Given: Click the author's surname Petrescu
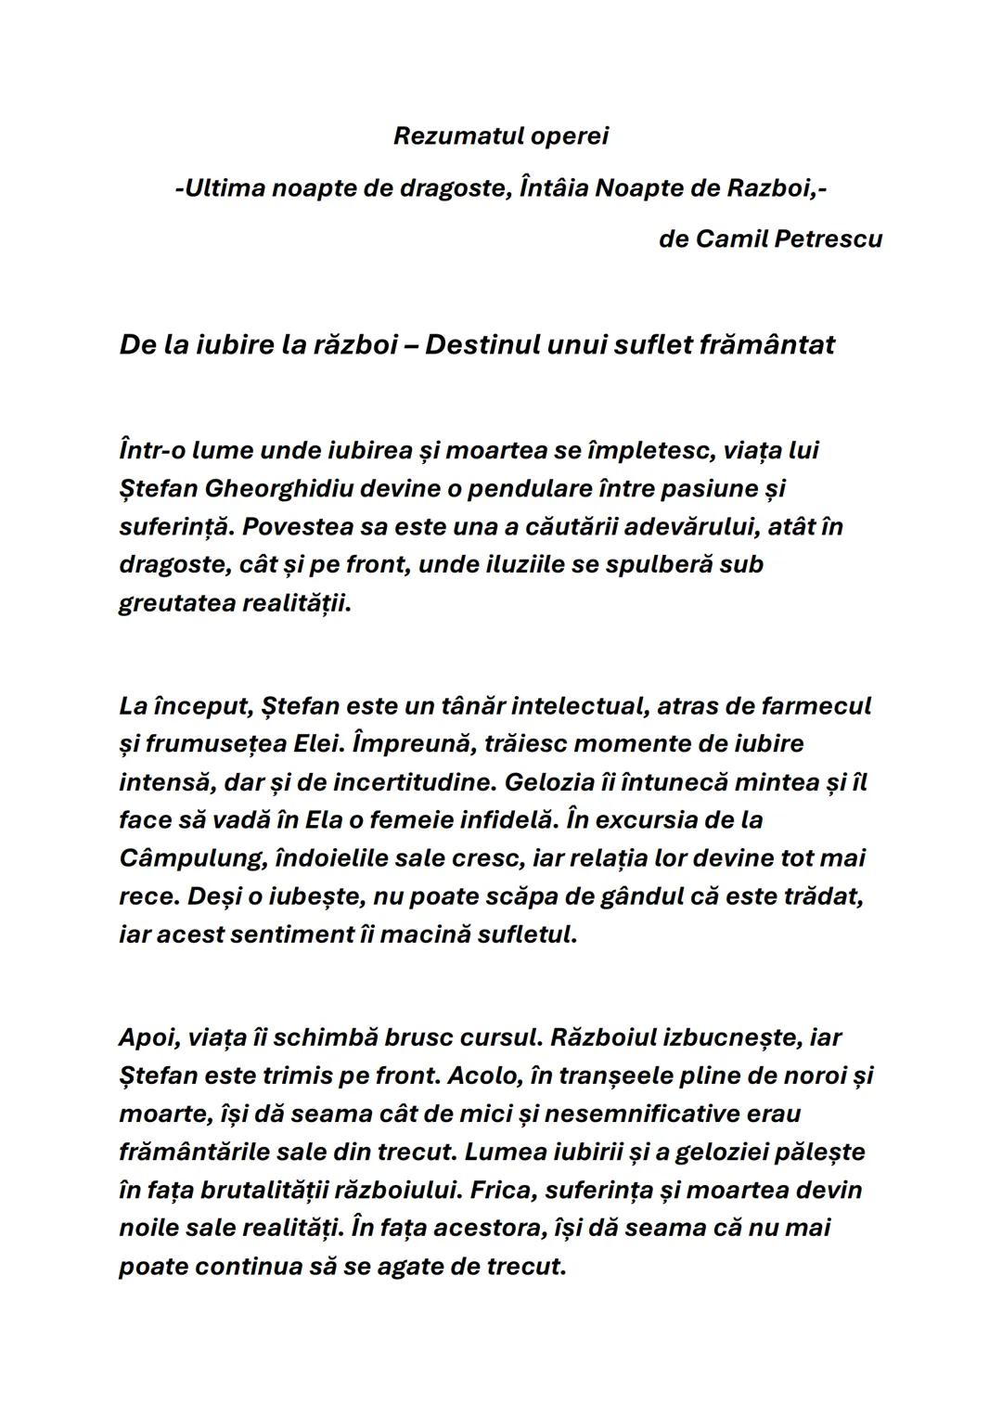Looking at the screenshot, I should point(829,239).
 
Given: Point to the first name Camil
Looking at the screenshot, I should point(731,239).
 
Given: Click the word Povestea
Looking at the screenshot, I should point(302,527).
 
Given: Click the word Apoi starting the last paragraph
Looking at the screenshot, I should point(147,1037).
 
